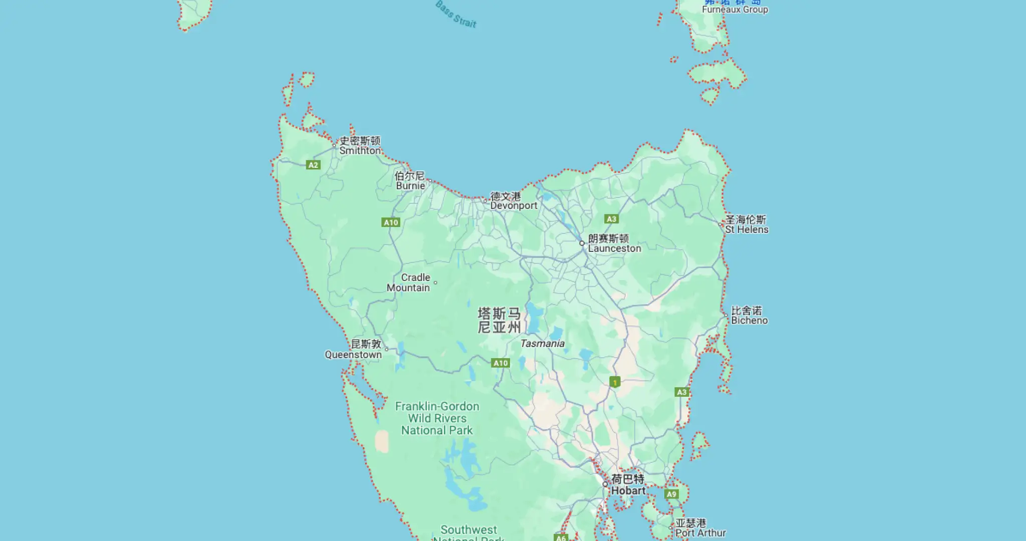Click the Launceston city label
[x=614, y=248]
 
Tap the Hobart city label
[x=628, y=491]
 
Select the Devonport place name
[x=514, y=205]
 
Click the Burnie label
[x=410, y=186]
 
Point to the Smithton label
[x=360, y=150]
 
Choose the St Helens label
[x=746, y=229]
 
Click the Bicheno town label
[x=749, y=321]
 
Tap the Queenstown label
[x=353, y=355]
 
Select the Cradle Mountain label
[x=409, y=283]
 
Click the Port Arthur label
[x=700, y=533]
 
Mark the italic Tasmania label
[x=542, y=344]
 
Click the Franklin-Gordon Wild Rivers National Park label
[x=437, y=418]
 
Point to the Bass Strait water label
[x=456, y=14]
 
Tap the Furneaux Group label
[x=734, y=10]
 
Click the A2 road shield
[x=313, y=165]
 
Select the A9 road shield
[x=671, y=494]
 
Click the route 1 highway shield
[x=615, y=382]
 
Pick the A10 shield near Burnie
[x=391, y=222]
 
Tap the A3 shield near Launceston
[x=611, y=219]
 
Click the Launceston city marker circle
[x=582, y=243]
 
